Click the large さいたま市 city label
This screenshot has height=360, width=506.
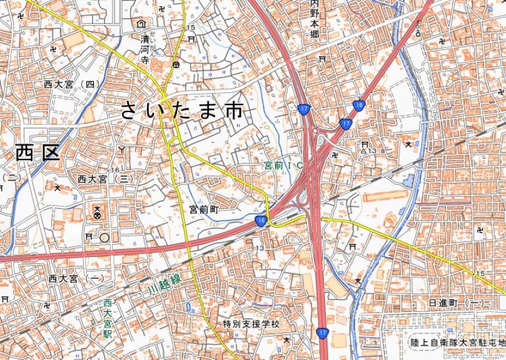181,111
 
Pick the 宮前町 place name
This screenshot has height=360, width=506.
203,208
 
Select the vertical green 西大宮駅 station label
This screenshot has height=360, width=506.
108,319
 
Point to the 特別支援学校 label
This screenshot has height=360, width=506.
250,324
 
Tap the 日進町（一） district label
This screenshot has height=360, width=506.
455,303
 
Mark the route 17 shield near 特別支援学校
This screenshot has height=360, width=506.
323,333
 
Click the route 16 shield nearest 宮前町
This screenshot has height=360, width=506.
261,220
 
